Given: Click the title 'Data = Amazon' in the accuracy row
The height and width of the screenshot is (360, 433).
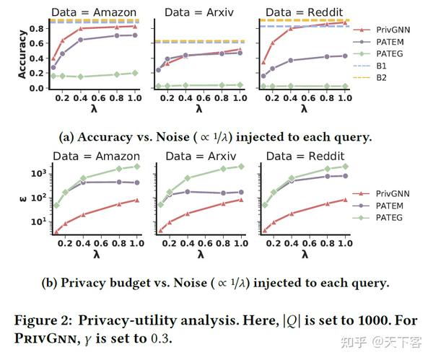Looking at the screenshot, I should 94,12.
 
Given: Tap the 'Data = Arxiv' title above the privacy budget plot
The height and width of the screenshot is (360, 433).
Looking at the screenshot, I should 199,157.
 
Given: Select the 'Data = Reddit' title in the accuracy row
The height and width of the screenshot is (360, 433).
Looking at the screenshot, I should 305,12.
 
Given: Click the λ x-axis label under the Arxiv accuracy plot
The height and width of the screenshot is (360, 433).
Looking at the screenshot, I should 199,109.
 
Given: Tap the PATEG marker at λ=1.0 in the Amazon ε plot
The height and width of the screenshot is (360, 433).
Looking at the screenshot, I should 136,166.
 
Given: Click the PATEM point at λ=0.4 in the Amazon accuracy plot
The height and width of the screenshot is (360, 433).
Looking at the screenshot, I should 80,40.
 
